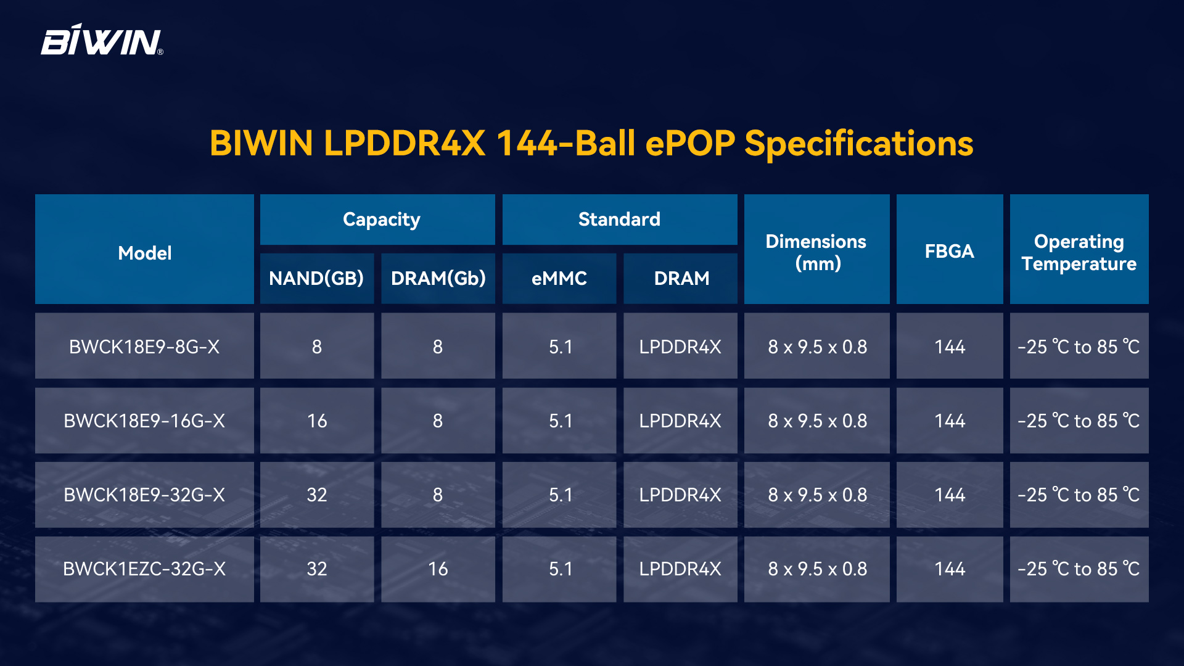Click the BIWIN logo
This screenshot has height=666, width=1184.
click(102, 40)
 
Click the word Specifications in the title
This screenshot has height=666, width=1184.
click(858, 144)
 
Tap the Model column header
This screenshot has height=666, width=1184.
click(144, 249)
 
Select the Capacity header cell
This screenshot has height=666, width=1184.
click(377, 220)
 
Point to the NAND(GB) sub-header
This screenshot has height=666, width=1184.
click(317, 278)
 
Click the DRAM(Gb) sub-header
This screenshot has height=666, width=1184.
click(438, 278)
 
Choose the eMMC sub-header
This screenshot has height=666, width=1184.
click(559, 278)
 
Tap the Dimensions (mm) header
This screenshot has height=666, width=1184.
click(816, 249)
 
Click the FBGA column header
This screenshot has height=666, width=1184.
click(950, 249)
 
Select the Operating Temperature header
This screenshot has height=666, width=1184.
click(1079, 249)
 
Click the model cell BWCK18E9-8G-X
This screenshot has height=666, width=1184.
click(144, 346)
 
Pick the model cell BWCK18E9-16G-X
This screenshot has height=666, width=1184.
click(144, 421)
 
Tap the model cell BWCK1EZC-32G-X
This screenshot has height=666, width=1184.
click(144, 569)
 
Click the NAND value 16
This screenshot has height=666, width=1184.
click(317, 421)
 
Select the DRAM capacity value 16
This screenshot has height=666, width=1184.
click(438, 569)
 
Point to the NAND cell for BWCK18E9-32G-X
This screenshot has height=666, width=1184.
click(317, 495)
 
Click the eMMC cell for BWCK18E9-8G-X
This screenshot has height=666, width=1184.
click(559, 346)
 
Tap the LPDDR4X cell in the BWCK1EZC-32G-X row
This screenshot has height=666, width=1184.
click(680, 569)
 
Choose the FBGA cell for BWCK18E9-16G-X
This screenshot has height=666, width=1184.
click(950, 421)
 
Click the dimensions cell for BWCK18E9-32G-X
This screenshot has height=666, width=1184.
click(816, 495)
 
